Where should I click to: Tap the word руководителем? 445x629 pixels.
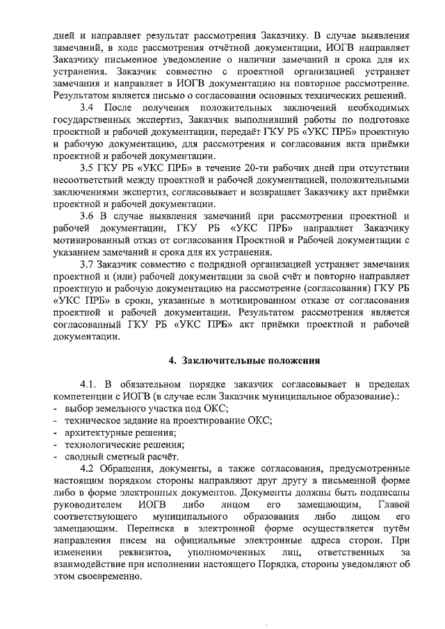86,503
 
